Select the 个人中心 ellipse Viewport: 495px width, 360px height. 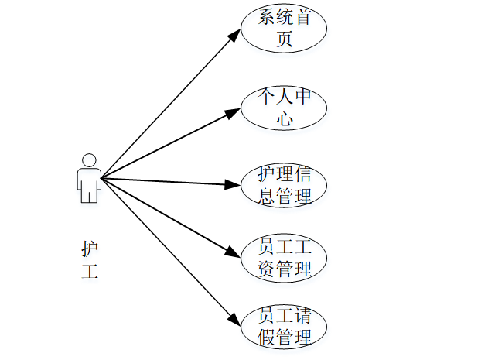(284, 108)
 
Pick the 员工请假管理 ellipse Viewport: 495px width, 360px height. (284, 327)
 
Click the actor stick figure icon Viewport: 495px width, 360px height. (89, 178)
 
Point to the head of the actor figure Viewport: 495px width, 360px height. (89, 159)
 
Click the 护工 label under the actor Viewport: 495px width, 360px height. (90, 260)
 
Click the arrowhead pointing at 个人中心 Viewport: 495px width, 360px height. (234, 112)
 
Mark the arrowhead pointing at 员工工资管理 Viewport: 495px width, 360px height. (234, 253)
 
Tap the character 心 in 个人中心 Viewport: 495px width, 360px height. (285, 119)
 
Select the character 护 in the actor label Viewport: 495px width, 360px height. (90, 249)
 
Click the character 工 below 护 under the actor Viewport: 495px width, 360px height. (90, 272)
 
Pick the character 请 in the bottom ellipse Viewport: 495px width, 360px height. (302, 317)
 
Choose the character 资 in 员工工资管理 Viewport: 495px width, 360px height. (266, 269)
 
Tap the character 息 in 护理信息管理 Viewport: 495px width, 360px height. (266, 197)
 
